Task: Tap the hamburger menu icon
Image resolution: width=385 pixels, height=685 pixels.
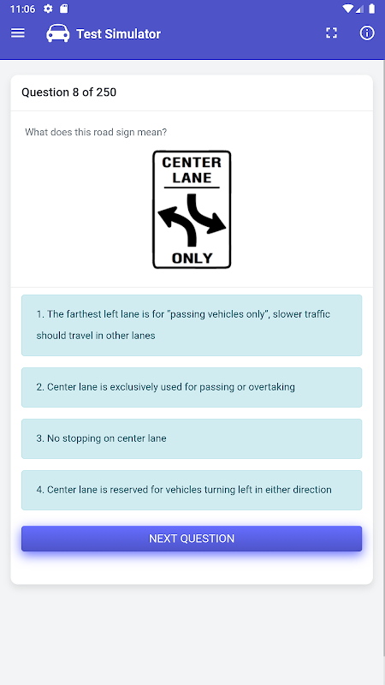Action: pos(18,33)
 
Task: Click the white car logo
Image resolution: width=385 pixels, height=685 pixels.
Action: pos(57,33)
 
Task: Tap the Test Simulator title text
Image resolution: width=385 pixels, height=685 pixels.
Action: pos(118,33)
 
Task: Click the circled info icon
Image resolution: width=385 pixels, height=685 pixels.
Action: pos(367,33)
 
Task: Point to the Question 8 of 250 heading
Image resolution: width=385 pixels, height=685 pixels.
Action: pos(69,92)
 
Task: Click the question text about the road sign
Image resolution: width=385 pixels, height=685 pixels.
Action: pos(96,132)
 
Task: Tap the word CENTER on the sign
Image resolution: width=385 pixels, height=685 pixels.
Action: pos(192,163)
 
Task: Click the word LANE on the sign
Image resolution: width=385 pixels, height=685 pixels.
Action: pos(192,178)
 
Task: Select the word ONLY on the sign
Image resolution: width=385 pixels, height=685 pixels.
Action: pos(192,259)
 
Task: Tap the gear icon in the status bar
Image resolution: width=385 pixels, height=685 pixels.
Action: pos(48,9)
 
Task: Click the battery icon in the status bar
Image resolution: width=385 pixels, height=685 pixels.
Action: pos(371,9)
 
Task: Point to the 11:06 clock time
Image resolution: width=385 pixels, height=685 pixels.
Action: pos(22,9)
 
